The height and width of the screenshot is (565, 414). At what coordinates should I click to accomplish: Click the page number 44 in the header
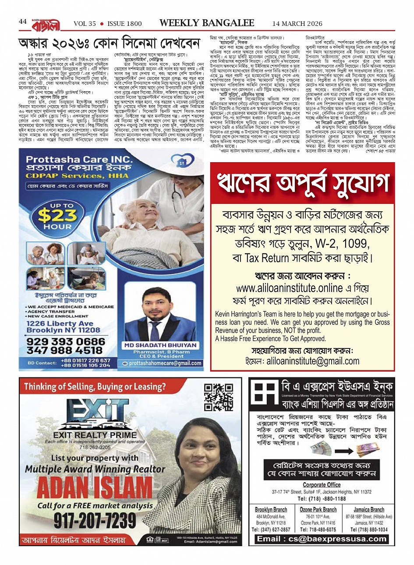[23, 22]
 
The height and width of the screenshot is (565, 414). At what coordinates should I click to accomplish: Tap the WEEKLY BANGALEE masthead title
[207, 23]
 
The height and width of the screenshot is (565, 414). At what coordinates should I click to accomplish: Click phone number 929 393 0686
[66, 341]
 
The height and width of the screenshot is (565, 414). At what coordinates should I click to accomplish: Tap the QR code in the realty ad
[219, 397]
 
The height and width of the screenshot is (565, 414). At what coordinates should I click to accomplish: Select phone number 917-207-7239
[95, 521]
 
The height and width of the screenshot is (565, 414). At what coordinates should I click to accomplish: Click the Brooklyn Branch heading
[271, 510]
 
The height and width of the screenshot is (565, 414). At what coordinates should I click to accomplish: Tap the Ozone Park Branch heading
[318, 510]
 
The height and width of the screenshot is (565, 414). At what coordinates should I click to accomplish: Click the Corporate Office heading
[322, 485]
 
